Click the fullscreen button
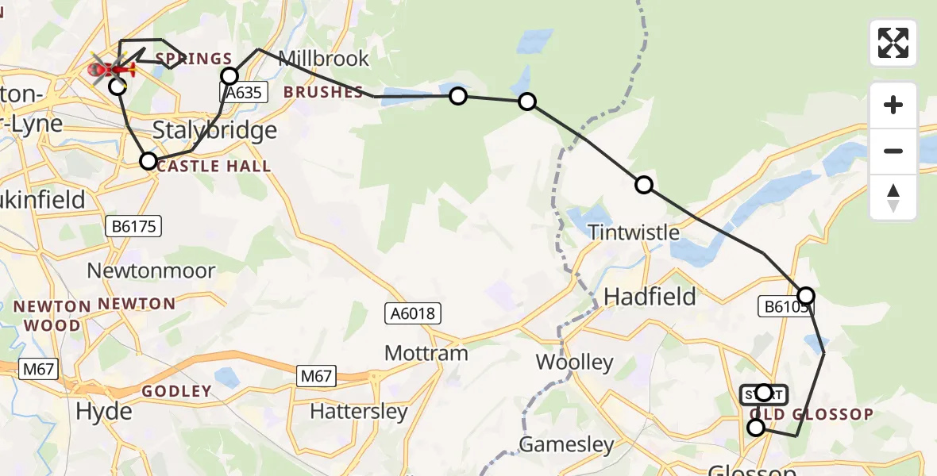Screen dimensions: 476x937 coord(893,43)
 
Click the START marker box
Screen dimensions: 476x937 coord(763,394)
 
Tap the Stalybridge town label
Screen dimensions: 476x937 coord(214,130)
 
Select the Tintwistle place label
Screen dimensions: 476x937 coord(634,232)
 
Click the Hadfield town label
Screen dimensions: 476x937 coord(650,297)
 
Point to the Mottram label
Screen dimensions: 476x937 coord(426,353)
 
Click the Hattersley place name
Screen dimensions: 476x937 coord(359,412)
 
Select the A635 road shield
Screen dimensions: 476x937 coord(241,93)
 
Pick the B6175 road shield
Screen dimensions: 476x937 coord(133,227)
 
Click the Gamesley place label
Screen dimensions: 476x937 coord(566,444)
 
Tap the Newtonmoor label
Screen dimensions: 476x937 coord(151,271)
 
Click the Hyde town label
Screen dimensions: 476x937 coord(104,411)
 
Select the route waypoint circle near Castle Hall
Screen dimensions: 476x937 coord(148,162)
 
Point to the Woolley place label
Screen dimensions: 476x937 coord(574,363)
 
